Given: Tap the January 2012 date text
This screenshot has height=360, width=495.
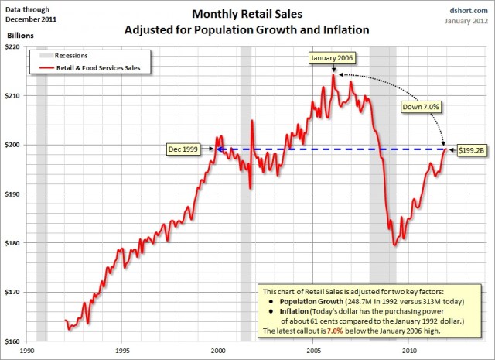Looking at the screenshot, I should [466, 21].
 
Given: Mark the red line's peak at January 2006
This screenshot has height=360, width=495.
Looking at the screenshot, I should [333, 74].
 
